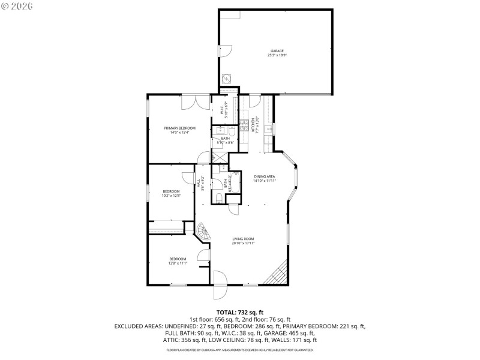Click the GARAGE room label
[276, 50]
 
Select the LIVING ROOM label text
[244, 239]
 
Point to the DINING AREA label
[264, 176]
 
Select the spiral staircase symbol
[205, 233]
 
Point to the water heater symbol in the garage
[227, 79]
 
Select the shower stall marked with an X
[220, 158]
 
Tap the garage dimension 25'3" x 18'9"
[276, 55]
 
